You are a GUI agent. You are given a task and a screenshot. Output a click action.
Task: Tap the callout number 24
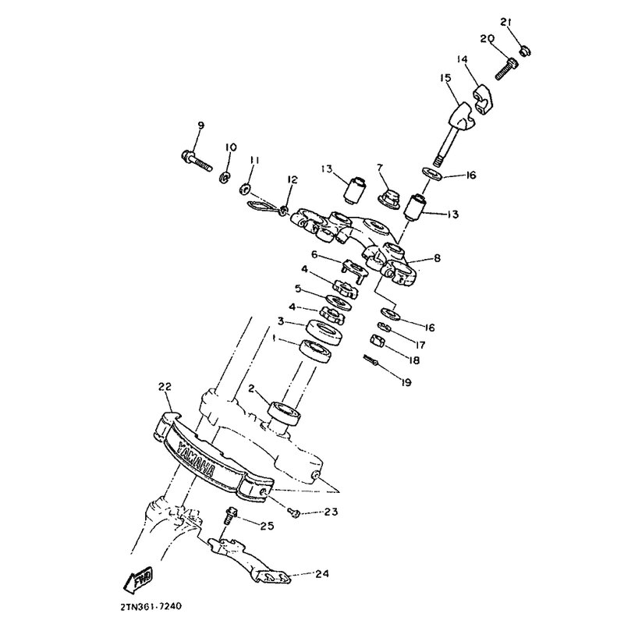tap(322, 573)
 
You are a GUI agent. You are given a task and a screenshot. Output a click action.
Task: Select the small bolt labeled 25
tap(229, 515)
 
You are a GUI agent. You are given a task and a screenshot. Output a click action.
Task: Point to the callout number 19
tap(406, 382)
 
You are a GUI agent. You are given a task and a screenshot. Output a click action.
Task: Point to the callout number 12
tap(292, 179)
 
